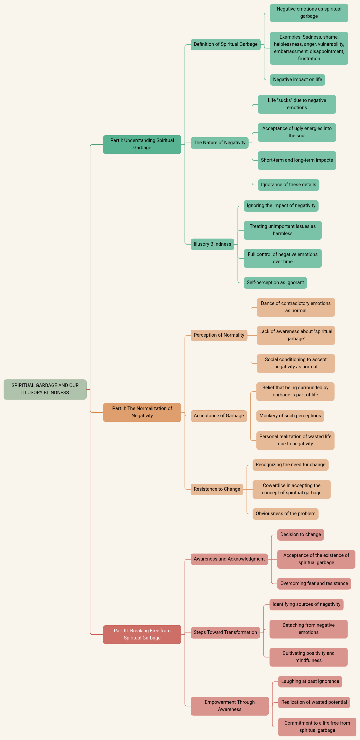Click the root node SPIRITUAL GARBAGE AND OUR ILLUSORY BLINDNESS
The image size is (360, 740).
point(45,389)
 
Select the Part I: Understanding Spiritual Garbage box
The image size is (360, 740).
point(142,144)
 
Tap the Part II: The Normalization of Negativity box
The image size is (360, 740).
point(142,412)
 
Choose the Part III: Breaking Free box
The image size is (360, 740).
point(142,634)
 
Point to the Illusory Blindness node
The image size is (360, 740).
point(212,244)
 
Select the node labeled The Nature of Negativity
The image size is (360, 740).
point(220,143)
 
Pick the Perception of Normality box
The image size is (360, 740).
point(219,335)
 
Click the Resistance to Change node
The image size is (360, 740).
point(217,489)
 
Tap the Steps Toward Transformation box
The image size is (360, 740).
point(225,633)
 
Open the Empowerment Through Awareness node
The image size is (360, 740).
point(230,706)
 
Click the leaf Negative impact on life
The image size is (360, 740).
point(297,80)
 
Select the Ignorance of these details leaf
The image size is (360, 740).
point(289,185)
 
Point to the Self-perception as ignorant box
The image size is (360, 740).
point(275,283)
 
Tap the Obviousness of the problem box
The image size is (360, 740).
point(286,514)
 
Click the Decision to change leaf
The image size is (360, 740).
point(301,535)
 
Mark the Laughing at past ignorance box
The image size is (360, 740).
point(310,681)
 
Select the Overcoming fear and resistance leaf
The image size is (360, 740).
point(314,584)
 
